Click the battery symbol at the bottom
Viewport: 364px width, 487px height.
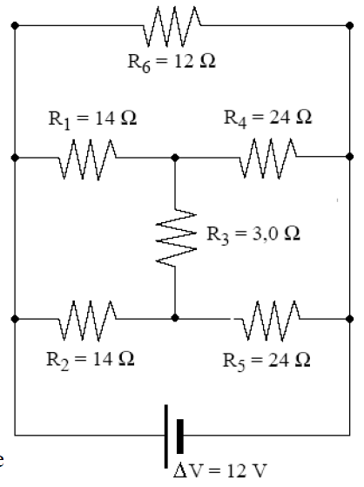pos(172,435)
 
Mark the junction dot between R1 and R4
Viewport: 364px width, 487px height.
pos(175,159)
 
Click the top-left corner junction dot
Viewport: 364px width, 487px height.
pos(15,24)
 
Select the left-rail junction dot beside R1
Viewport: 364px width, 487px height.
pos(15,159)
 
